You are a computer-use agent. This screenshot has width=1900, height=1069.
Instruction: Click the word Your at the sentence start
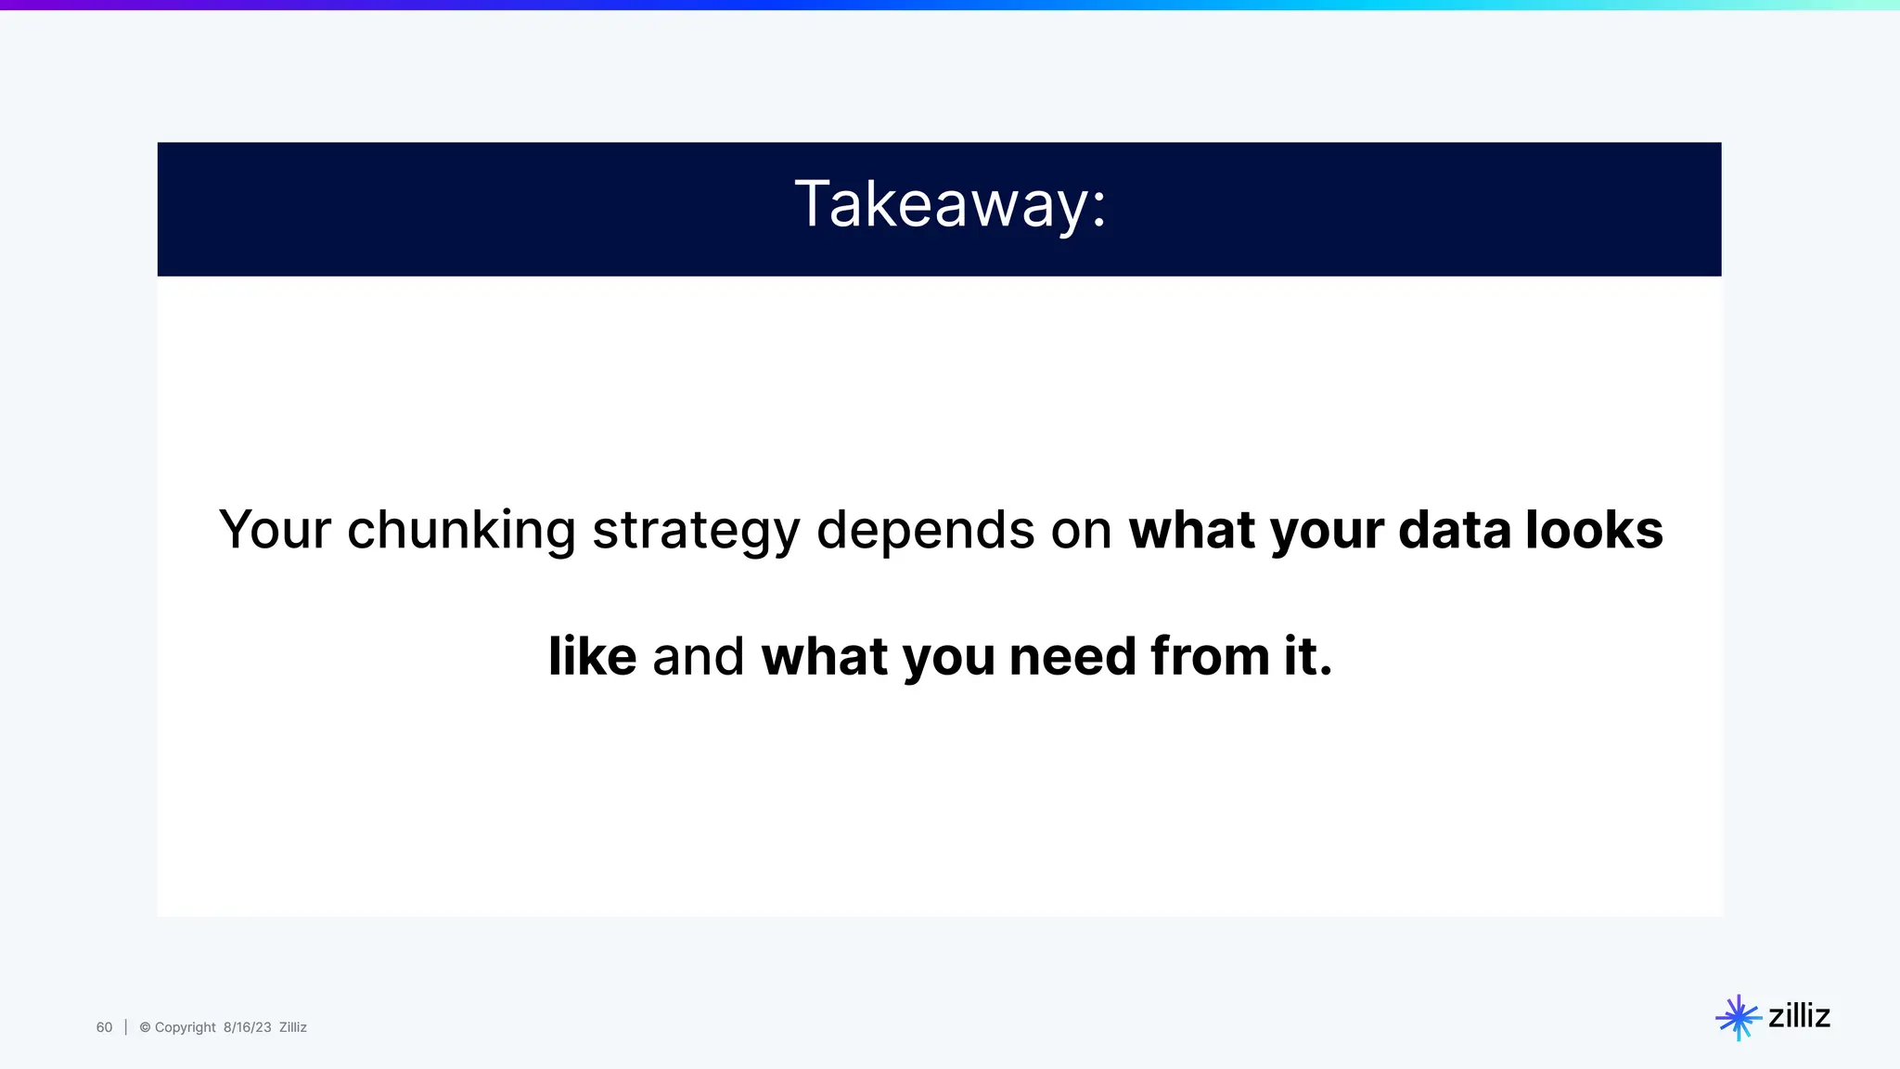click(275, 531)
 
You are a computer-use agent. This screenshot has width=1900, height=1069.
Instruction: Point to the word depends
click(925, 531)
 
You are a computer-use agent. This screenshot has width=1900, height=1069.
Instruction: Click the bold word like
click(592, 657)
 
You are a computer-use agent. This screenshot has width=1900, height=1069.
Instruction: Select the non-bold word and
click(698, 657)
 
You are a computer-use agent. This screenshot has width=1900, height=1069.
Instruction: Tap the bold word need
click(1072, 657)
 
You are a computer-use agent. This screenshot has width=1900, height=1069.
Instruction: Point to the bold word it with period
click(1308, 657)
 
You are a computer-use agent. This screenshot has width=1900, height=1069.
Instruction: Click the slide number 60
click(104, 1027)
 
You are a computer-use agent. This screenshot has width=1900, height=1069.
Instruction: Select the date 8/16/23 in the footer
click(247, 1027)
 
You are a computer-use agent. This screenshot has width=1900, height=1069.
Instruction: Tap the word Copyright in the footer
click(185, 1027)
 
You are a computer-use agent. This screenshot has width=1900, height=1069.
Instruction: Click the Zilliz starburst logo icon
click(1738, 1018)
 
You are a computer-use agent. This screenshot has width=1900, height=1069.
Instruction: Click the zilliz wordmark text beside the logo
click(1799, 1016)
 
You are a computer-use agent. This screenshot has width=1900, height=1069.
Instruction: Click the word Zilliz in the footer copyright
click(292, 1027)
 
